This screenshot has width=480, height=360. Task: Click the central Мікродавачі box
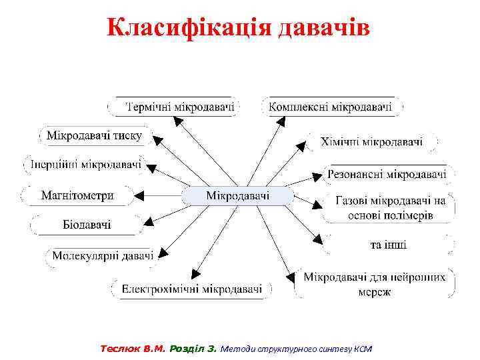coord(238,196)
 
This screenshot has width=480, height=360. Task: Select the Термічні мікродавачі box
coord(175,106)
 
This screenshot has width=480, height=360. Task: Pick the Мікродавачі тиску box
coord(94,136)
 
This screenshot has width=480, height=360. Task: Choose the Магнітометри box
coord(77,196)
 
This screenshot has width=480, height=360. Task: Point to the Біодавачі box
coord(87,225)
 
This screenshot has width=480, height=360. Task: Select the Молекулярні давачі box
coord(103,255)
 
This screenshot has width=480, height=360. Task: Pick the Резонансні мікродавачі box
coord(387,175)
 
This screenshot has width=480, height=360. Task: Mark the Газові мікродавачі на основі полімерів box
coord(389,207)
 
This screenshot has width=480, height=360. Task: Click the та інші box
coord(388,245)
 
